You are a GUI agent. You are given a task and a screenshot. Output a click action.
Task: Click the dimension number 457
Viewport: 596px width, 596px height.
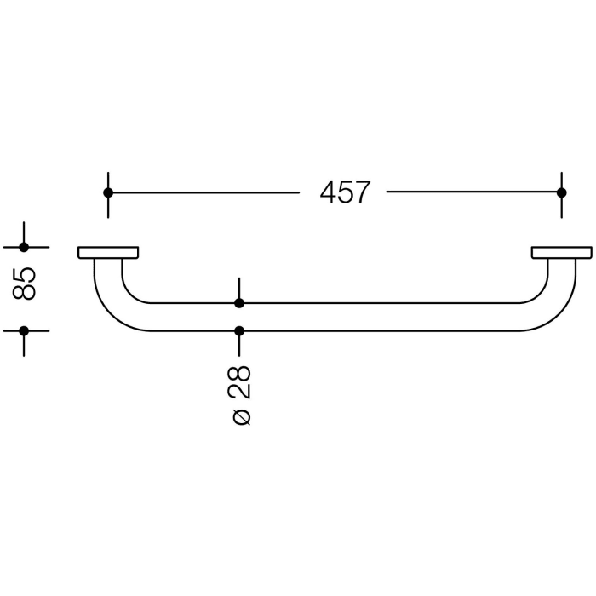[x=345, y=192]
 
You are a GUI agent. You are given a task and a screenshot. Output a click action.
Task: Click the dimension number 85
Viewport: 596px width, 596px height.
[x=24, y=284]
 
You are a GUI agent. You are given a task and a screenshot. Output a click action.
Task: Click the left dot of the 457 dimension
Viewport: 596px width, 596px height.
[x=108, y=192]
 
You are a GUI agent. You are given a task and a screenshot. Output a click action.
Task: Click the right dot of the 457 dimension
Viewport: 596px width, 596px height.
[x=561, y=192]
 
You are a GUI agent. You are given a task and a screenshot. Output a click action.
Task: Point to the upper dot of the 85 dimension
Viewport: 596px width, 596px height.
[x=24, y=248]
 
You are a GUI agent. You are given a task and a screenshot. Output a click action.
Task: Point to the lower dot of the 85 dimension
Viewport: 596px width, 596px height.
[x=24, y=331]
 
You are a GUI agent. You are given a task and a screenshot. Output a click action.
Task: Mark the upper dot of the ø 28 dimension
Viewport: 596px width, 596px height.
[x=239, y=303]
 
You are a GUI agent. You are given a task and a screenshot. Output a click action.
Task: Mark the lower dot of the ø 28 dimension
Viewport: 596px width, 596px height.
[x=239, y=331]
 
